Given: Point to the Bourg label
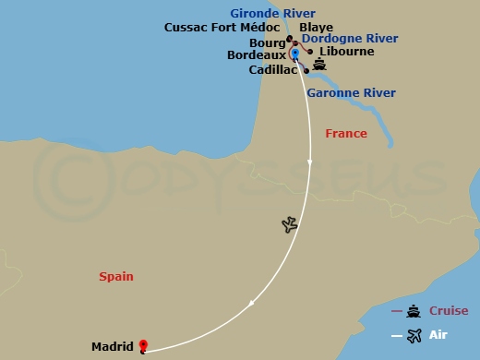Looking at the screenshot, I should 268,42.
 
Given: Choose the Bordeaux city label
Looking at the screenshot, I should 257,55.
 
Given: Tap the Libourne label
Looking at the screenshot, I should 346,52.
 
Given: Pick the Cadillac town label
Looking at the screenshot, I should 273,69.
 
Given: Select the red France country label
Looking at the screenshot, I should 346,134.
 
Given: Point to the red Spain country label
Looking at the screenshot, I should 115,276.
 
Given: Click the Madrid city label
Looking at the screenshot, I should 113,347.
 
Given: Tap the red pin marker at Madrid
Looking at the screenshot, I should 143,346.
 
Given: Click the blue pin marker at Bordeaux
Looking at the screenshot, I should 294,53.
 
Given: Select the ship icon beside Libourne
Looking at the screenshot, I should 319,64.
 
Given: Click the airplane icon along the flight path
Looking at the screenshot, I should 290,224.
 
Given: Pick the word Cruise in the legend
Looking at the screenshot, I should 448,311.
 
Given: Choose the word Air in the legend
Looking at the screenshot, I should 438,335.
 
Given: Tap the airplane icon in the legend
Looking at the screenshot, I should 413,335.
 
